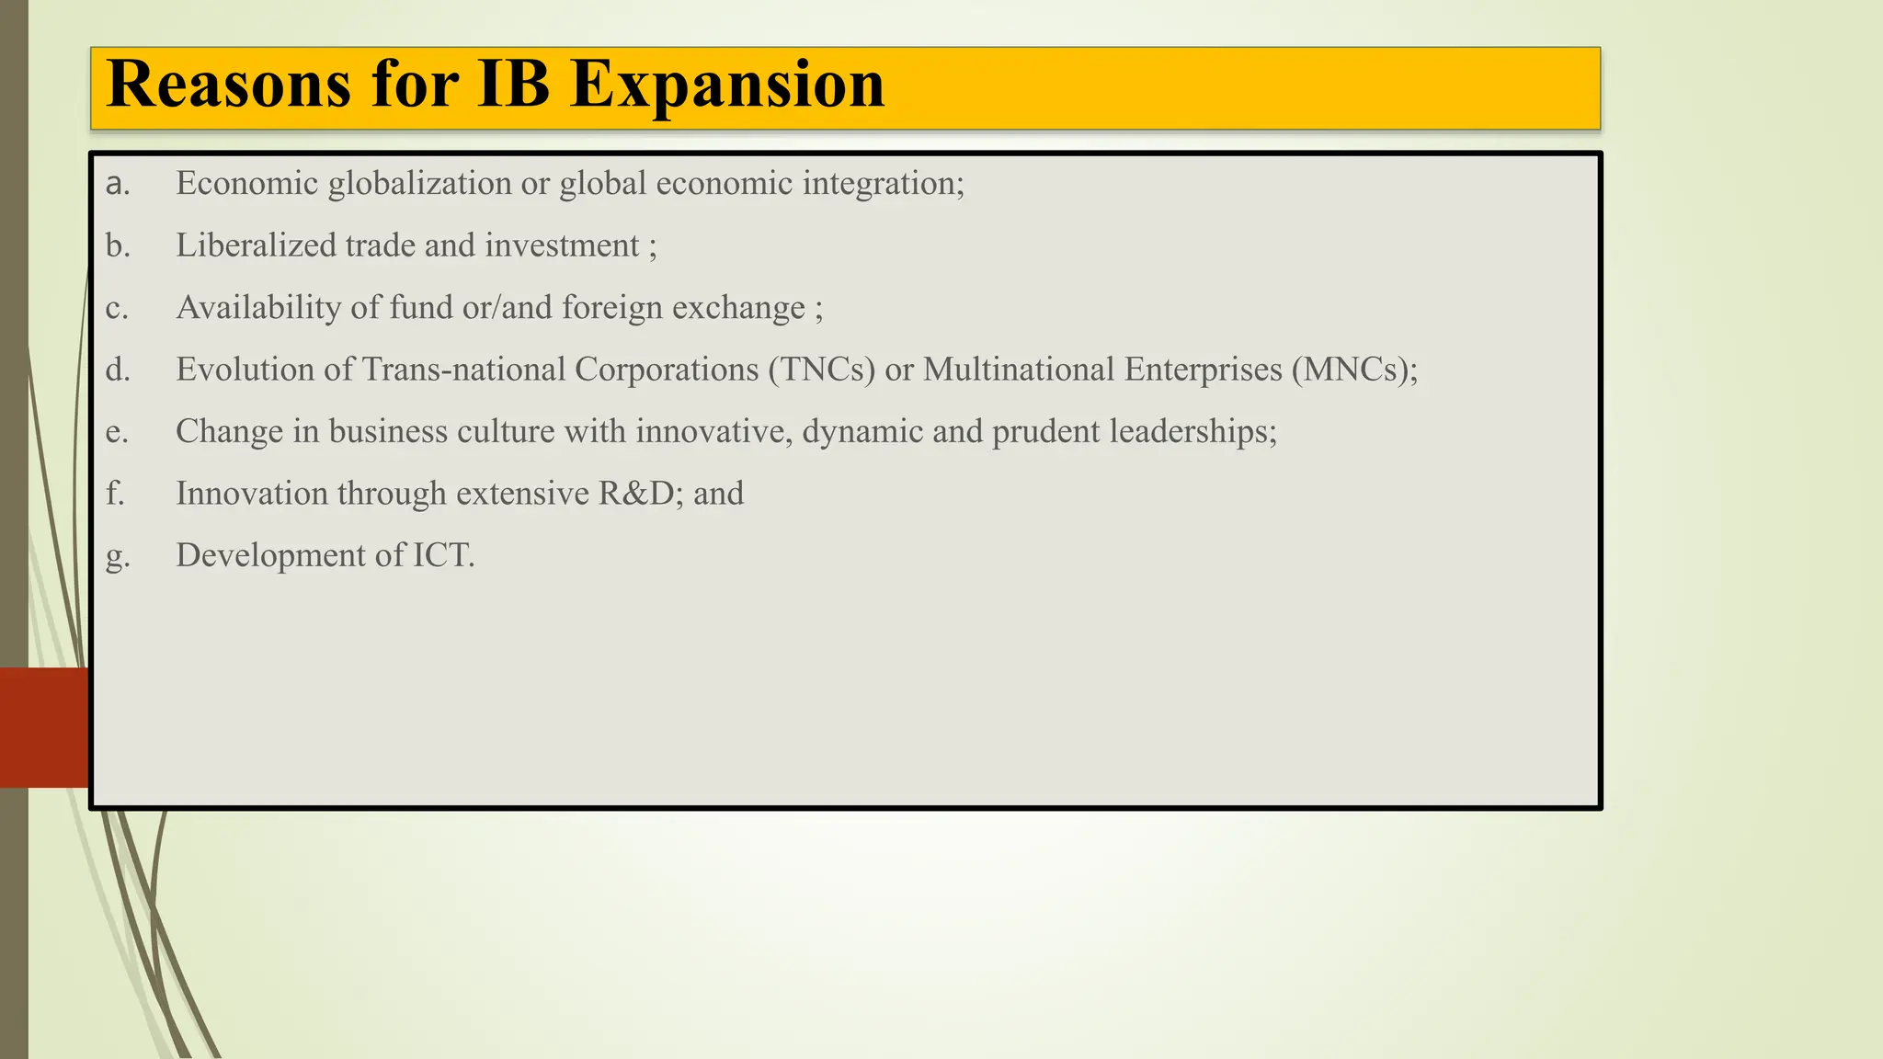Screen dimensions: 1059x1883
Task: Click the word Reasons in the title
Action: [x=229, y=85]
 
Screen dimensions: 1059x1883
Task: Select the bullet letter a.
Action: [x=117, y=184]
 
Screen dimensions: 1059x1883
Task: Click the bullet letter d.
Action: [x=117, y=370]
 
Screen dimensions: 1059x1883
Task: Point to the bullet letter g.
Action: [x=117, y=557]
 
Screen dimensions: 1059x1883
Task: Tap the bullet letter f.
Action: [x=114, y=494]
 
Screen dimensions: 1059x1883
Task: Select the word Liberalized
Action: [x=256, y=245]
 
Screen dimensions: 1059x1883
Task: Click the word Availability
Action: [x=258, y=308]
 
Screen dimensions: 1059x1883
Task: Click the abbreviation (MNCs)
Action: [x=1353, y=370]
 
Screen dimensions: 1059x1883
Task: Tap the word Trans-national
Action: [x=463, y=370]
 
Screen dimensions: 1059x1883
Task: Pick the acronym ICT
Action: [x=442, y=555]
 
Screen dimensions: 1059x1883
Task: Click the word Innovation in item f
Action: [x=252, y=494]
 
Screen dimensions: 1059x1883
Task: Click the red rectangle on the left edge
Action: [x=43, y=727]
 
